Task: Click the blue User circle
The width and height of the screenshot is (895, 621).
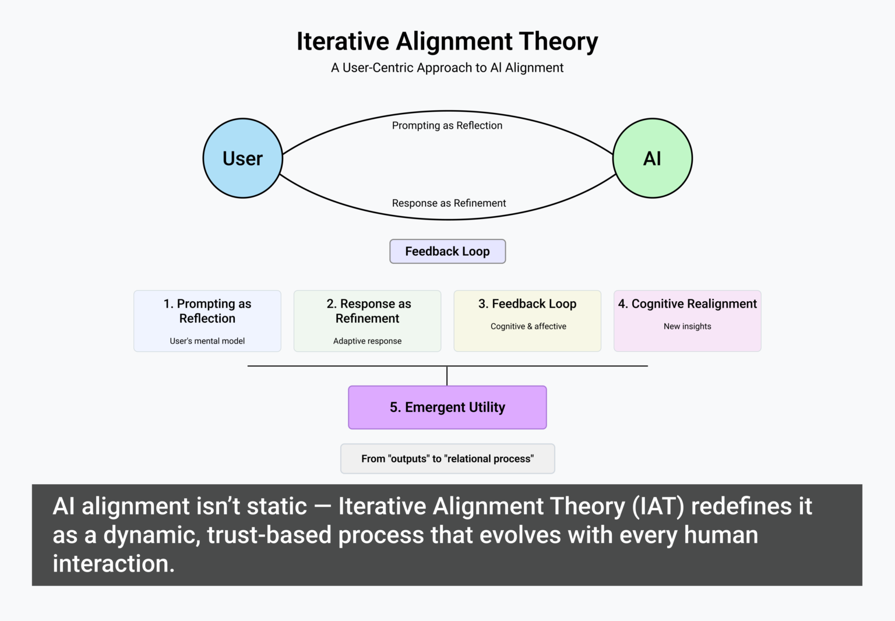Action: tap(242, 158)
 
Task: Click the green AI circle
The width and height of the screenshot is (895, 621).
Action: tap(653, 158)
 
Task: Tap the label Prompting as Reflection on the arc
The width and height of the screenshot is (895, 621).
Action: tap(447, 125)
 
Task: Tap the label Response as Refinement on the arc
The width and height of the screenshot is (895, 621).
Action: tap(449, 203)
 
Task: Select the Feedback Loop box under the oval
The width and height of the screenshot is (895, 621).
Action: tap(447, 251)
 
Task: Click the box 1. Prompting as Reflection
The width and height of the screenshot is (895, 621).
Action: tap(207, 320)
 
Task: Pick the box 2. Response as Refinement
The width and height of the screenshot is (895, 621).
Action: tap(367, 320)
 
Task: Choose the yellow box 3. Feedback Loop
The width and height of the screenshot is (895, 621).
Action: tap(527, 320)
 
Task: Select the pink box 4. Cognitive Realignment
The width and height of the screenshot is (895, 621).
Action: tap(688, 320)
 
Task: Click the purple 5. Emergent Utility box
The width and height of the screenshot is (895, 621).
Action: tap(447, 407)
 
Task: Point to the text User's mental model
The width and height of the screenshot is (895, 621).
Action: tap(207, 341)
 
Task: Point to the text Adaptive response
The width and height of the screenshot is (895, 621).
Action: tap(367, 341)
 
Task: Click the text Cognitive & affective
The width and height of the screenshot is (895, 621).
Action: tap(528, 326)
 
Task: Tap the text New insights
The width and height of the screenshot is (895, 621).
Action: tap(688, 326)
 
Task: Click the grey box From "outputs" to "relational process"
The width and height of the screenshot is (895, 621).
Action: tap(447, 458)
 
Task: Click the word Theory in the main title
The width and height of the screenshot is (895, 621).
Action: tap(558, 42)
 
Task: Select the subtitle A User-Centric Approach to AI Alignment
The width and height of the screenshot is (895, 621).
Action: tap(447, 68)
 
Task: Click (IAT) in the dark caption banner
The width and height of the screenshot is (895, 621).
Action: tap(658, 506)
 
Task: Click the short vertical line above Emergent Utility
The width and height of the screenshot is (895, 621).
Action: tap(447, 376)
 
